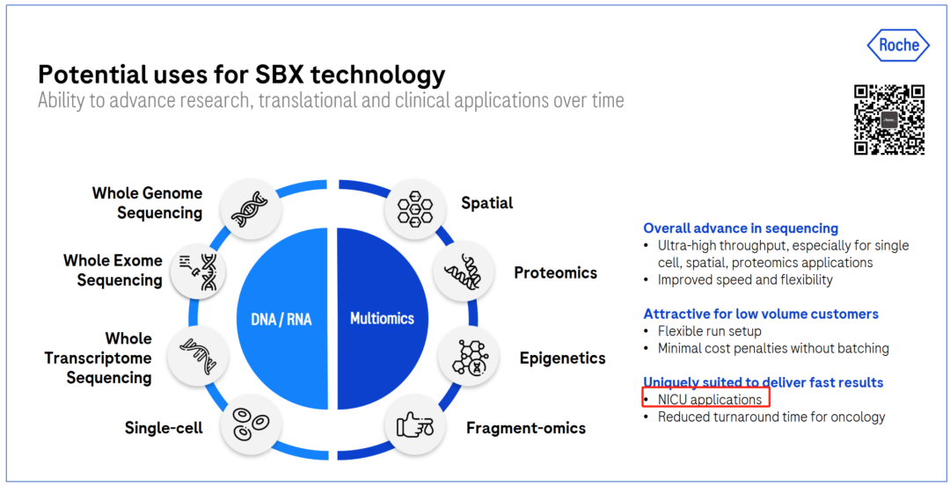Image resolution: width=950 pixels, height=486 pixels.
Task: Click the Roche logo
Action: [897, 46]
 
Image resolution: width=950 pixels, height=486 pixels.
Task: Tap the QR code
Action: [889, 120]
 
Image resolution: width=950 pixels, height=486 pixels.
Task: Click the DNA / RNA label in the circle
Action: [281, 319]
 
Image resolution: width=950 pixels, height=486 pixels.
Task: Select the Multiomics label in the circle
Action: [383, 318]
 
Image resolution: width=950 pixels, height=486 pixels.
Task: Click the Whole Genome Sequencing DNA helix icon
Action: [250, 209]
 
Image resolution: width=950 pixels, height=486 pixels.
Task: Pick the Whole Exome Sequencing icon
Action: [198, 272]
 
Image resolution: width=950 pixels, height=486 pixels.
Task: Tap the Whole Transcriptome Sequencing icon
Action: [198, 355]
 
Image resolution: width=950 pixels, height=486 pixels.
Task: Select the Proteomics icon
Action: [463, 272]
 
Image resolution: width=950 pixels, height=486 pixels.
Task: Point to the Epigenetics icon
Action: [468, 357]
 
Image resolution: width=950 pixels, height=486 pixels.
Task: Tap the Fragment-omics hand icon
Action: [415, 427]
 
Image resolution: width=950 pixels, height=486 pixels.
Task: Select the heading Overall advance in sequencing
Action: [741, 228]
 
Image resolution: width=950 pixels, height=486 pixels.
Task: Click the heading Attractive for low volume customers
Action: [761, 314]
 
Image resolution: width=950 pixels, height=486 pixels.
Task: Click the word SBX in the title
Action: [279, 75]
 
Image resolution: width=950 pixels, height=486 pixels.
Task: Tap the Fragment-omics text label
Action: [526, 429]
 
